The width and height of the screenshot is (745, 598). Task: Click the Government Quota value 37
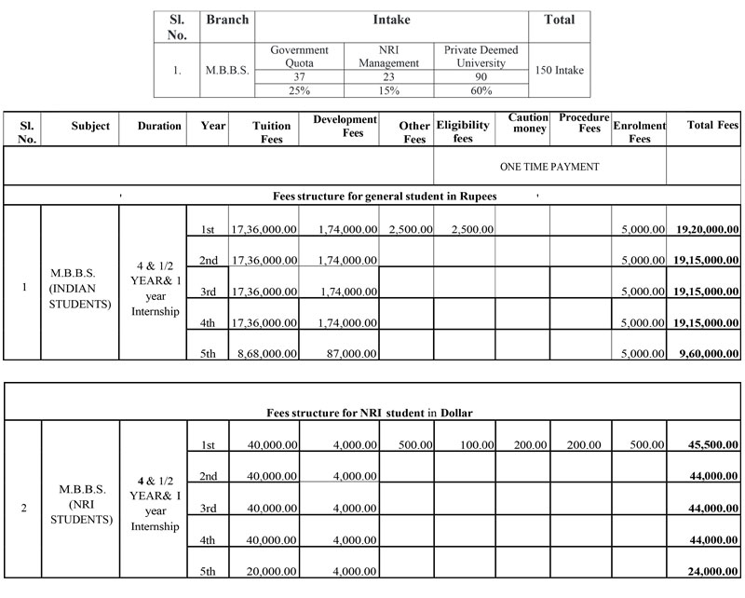[x=299, y=76]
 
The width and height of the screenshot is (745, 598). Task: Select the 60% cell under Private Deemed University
[x=481, y=90]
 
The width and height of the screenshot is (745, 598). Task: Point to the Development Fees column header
[x=345, y=126]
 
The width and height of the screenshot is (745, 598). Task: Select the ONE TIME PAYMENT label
[x=549, y=167]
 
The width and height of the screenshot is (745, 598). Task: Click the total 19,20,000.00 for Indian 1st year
[x=703, y=228]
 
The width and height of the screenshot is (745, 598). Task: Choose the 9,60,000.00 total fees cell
[x=704, y=353]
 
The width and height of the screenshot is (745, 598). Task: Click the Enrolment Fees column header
[x=639, y=131]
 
